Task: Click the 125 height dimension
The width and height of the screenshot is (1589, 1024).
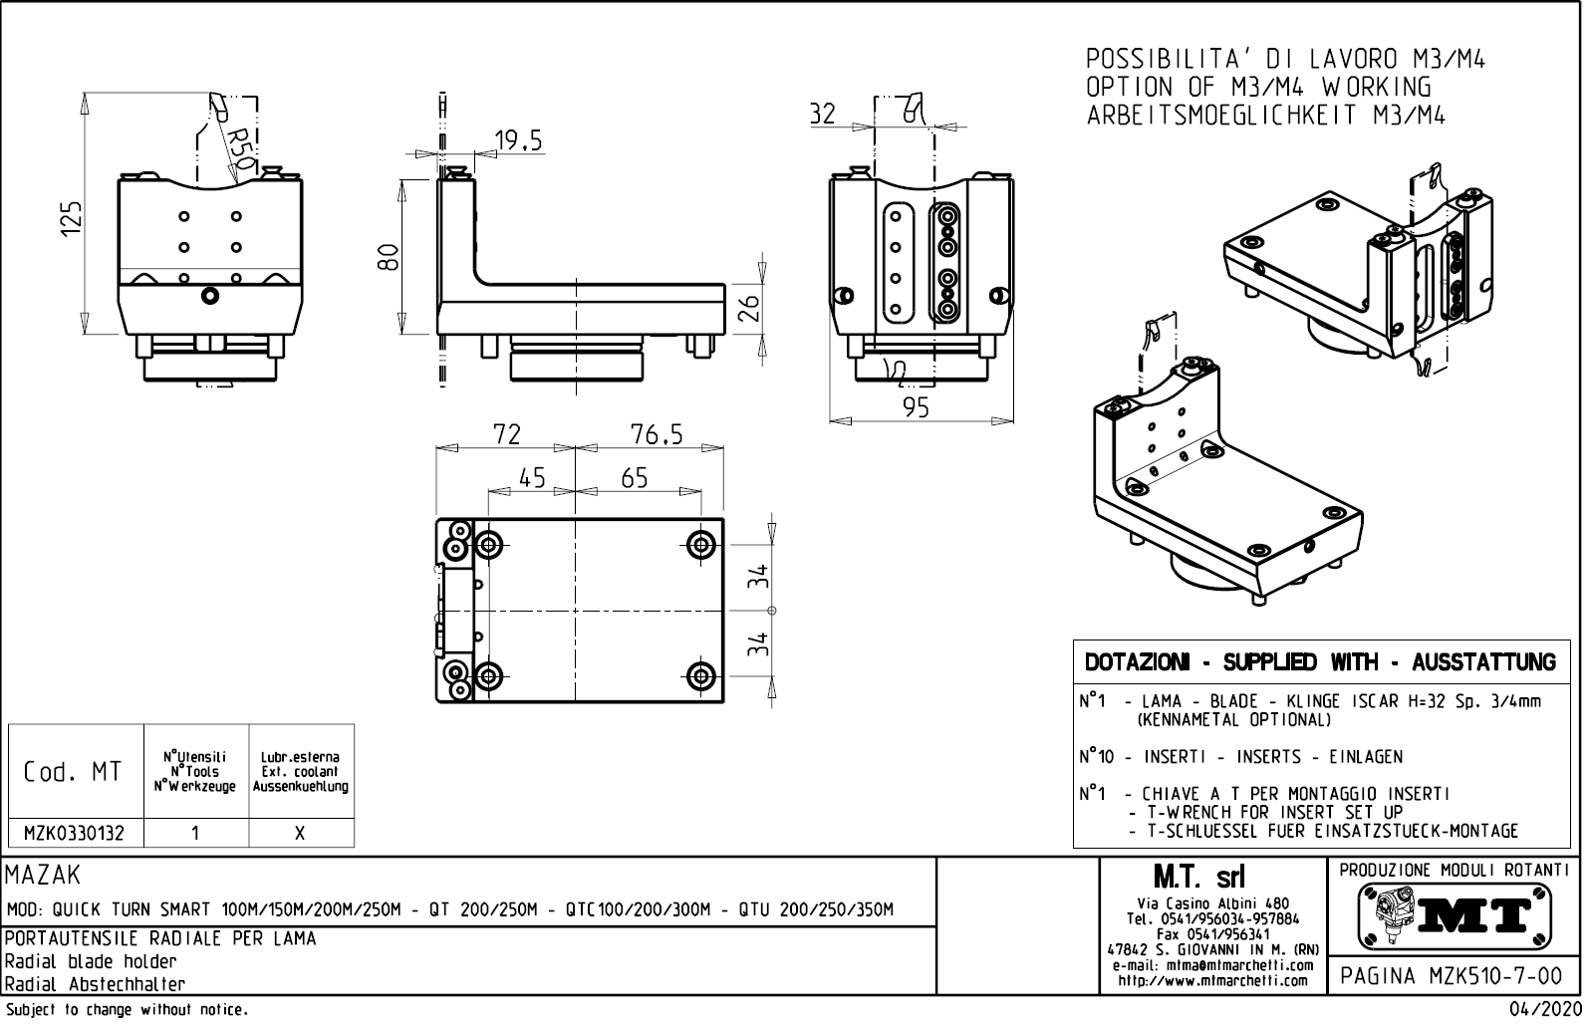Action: [70, 218]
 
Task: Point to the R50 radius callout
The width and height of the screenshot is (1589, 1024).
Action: [240, 147]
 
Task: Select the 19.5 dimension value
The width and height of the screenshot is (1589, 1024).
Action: [519, 140]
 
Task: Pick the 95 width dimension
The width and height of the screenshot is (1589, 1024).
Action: [914, 407]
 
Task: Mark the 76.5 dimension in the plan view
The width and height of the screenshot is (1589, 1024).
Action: [657, 434]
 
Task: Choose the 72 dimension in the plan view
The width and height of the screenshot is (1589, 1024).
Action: [506, 434]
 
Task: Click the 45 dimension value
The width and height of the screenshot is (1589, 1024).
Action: [533, 478]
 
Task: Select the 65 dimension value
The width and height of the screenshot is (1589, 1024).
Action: [635, 478]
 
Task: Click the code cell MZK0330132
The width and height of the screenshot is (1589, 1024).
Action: [75, 834]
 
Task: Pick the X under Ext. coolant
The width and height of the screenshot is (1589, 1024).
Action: [300, 834]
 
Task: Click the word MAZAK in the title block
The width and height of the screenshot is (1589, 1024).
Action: [43, 876]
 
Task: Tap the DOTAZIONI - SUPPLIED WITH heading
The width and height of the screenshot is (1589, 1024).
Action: [1320, 662]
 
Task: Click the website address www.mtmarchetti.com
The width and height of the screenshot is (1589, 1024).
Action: [1212, 981]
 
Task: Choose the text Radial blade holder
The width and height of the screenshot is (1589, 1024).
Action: [91, 961]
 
